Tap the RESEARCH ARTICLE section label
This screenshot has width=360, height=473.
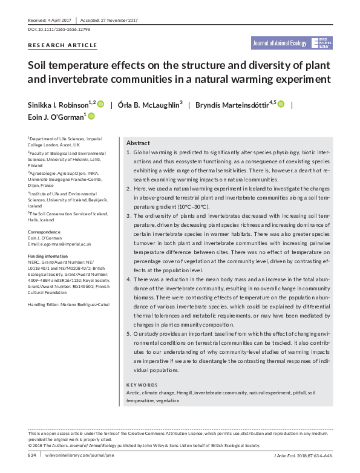tap(62, 45)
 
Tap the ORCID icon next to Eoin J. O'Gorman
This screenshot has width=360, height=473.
tap(91, 116)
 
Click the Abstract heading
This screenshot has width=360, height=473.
tap(138, 143)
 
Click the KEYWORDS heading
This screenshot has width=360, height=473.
tap(142, 385)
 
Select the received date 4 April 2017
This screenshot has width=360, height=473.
tap(64, 20)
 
